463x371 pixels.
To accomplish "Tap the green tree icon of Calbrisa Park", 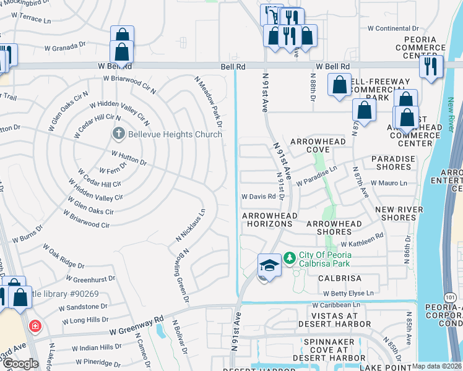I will [x=289, y=256].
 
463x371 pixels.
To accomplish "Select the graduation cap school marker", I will [x=269, y=266].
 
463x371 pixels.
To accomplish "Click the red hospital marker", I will [x=35, y=325].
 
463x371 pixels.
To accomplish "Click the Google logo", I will [x=20, y=364].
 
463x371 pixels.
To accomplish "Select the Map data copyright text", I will [x=436, y=366].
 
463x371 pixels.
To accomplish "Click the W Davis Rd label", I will [x=258, y=197].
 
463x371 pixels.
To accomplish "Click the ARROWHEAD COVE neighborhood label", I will [x=318, y=145].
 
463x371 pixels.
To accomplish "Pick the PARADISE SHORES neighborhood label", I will [x=393, y=163].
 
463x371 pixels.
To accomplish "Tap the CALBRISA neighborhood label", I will [x=340, y=279].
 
